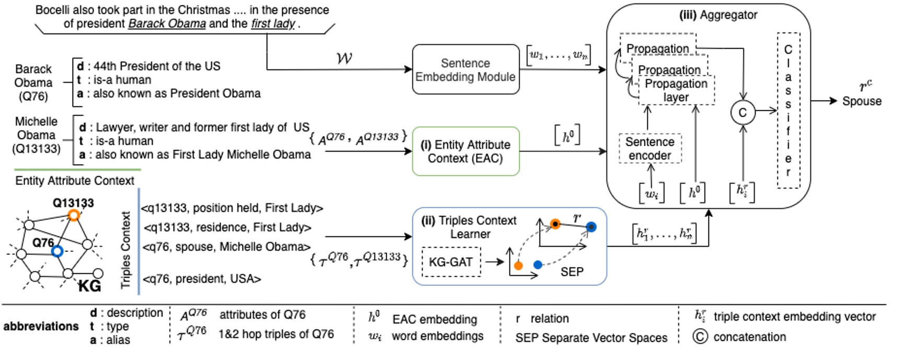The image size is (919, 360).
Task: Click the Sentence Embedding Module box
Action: point(465,69)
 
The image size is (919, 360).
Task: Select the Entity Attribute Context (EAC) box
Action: point(465,152)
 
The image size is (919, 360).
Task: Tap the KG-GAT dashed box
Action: point(451,262)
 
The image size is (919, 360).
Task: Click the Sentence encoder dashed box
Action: point(650,149)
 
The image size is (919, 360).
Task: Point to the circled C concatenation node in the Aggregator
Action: point(742,112)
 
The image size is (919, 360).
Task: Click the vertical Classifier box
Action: point(788,110)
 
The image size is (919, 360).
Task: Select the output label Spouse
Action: point(861,101)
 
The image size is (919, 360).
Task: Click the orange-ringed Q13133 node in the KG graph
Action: point(74,215)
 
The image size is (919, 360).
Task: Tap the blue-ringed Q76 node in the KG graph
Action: point(58,251)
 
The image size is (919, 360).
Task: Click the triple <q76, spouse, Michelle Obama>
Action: point(226,247)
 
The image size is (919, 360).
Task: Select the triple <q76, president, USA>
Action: point(202,279)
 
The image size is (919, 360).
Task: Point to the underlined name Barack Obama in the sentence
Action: point(167,24)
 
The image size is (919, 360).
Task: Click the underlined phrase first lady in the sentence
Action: point(273,24)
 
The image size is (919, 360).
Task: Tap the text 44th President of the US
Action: point(157,66)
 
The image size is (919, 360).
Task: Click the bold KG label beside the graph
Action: point(89,286)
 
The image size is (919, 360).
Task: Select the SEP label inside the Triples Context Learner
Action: point(572,272)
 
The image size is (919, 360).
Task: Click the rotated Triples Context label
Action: point(126,250)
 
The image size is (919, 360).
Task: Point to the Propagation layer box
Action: point(676,90)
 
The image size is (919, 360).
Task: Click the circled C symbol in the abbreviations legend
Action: point(700,336)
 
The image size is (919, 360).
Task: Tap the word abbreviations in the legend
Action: point(41,327)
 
